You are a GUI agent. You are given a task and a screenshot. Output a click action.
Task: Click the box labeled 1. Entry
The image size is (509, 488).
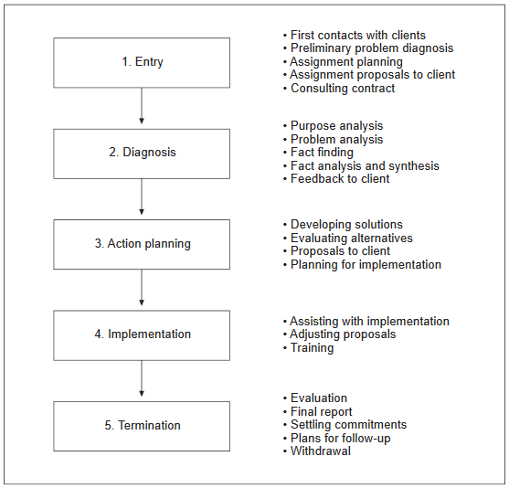pos(142,63)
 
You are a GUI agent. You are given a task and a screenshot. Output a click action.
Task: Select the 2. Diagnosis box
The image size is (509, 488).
pos(142,154)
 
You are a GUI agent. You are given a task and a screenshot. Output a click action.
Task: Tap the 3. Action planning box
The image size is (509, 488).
pos(142,245)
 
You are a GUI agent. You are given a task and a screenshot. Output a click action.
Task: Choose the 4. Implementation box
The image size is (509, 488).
pos(142,335)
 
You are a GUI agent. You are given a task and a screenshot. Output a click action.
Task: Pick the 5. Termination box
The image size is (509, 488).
pos(142,426)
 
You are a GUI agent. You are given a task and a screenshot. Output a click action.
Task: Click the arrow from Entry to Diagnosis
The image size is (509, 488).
pos(142,106)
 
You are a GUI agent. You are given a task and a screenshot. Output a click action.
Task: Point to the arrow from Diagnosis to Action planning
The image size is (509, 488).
pos(142,196)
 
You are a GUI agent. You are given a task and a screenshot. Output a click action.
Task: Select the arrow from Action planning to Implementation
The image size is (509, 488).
pos(142,288)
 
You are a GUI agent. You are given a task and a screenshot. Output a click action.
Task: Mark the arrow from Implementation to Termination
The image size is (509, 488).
pos(142,378)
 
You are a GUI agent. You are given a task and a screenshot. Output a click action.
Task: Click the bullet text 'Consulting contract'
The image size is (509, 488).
pos(343,88)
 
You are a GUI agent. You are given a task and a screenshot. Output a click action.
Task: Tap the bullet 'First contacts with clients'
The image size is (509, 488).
pos(358,35)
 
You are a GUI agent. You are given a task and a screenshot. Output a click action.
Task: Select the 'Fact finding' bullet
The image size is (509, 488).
pos(322,153)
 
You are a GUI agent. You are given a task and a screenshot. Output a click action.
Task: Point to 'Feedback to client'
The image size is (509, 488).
pos(340,178)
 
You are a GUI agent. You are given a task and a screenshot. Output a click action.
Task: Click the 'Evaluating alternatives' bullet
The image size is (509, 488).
pos(352,238)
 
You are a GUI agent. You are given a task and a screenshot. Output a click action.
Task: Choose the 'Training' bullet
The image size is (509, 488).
pos(312,348)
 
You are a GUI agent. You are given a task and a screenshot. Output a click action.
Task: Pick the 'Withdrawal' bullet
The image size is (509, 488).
pos(321,451)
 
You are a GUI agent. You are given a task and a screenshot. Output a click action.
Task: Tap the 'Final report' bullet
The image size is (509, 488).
pos(321,412)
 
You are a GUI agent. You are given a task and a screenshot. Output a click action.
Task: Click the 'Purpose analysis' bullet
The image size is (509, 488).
pos(336,126)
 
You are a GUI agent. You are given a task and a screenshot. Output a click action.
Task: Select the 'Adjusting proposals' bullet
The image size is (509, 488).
pos(343,334)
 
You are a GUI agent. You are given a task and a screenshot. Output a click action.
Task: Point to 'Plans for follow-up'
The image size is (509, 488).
pos(341,439)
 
